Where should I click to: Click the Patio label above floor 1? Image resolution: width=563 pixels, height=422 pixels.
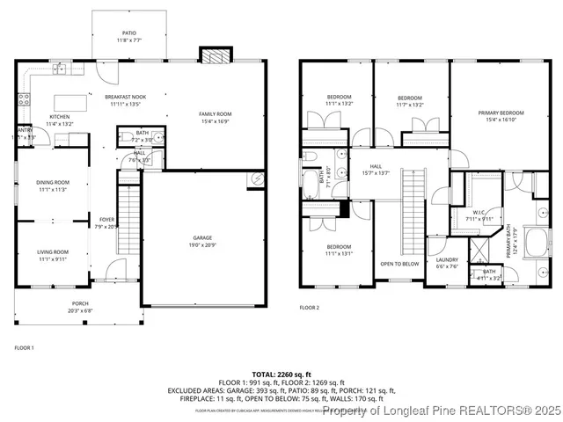click(x=128, y=33)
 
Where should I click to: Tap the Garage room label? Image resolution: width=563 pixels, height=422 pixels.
click(x=203, y=238)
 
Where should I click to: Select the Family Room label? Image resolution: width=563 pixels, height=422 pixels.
click(x=215, y=114)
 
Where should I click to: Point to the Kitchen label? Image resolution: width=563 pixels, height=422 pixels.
click(x=59, y=117)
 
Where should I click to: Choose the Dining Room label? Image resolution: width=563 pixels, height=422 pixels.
click(x=53, y=182)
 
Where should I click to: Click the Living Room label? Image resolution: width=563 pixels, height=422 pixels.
click(x=53, y=252)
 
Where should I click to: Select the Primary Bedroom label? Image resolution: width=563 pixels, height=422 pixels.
click(x=501, y=113)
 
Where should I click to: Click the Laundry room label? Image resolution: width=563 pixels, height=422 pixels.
click(x=448, y=260)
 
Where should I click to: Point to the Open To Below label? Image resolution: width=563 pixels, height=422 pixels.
click(x=399, y=264)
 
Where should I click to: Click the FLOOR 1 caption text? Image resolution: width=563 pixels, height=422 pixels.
click(x=24, y=348)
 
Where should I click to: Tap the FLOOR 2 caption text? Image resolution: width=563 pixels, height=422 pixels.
click(x=309, y=308)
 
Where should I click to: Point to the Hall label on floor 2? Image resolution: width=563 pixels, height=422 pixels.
click(x=376, y=165)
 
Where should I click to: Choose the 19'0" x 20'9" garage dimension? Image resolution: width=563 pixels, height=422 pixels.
click(x=203, y=244)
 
